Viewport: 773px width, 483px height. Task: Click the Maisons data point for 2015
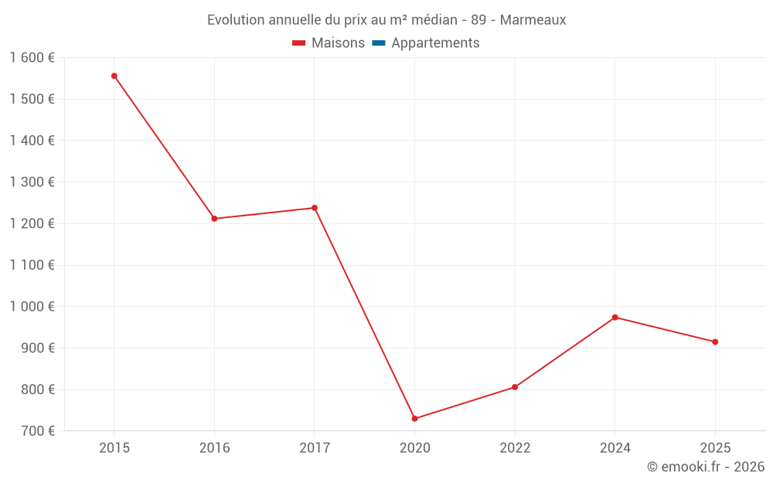(114, 76)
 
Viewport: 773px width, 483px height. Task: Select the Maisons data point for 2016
(215, 219)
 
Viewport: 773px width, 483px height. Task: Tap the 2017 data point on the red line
(315, 208)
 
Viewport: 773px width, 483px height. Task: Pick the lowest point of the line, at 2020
(415, 419)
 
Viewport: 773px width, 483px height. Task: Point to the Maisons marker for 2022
(515, 387)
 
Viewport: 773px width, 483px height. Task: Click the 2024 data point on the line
(615, 318)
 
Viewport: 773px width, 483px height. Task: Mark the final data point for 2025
(715, 342)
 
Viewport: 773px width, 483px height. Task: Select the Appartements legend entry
(435, 43)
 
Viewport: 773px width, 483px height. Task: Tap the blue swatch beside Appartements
(379, 43)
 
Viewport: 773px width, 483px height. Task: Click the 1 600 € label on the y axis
(32, 58)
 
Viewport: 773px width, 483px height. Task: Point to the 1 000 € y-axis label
(32, 307)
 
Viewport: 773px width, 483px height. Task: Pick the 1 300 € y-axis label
(32, 182)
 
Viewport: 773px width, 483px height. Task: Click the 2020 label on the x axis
(415, 448)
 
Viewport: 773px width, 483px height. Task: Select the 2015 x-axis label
(114, 448)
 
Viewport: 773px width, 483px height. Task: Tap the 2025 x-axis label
(715, 448)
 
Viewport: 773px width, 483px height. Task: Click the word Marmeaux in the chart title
(533, 20)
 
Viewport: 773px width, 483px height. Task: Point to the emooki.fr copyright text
(706, 467)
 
